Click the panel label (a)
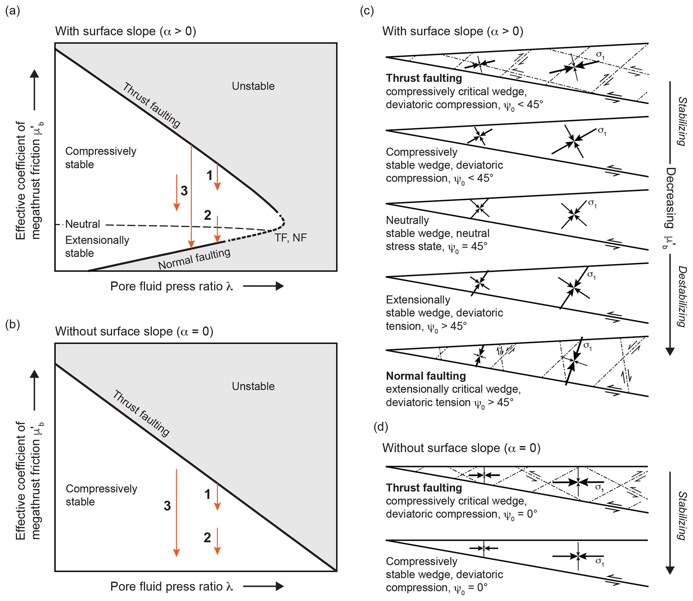(x=13, y=11)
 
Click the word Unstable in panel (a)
(x=253, y=86)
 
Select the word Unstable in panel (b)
(x=253, y=386)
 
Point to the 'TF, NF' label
(x=290, y=238)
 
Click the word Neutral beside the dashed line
(x=82, y=224)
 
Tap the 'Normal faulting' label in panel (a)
(x=194, y=259)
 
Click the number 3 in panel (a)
(x=184, y=191)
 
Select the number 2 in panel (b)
(x=207, y=537)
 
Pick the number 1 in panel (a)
(x=210, y=175)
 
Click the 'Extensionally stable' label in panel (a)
(x=97, y=246)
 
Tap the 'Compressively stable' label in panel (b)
(x=101, y=495)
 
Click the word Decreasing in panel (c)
(x=670, y=198)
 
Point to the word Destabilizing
(x=682, y=296)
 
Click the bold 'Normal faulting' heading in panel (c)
(x=426, y=376)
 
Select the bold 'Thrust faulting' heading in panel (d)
(x=424, y=488)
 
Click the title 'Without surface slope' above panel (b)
(x=134, y=331)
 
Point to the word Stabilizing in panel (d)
(x=682, y=515)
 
